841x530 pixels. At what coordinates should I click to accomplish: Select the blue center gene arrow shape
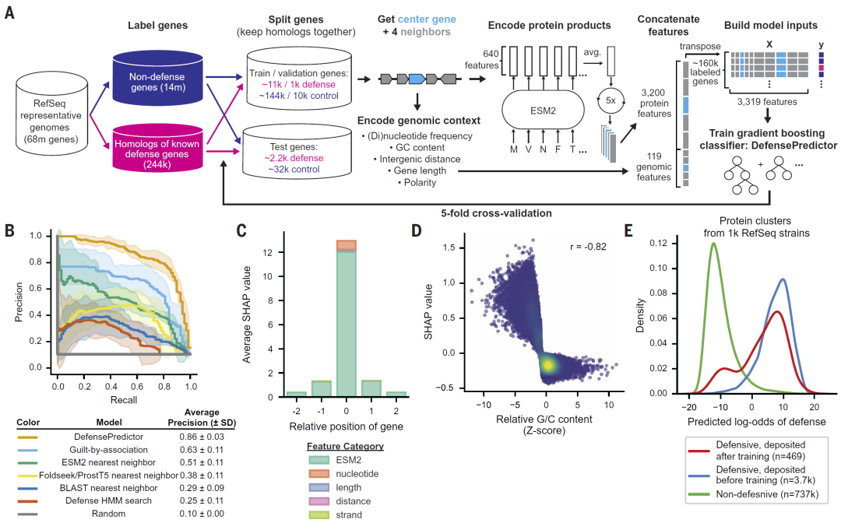417,79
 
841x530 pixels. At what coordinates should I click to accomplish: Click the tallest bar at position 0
346,319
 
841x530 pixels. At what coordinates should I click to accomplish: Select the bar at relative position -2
297,394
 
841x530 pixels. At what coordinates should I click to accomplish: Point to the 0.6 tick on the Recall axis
137,385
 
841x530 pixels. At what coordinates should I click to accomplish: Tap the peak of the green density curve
713,243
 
